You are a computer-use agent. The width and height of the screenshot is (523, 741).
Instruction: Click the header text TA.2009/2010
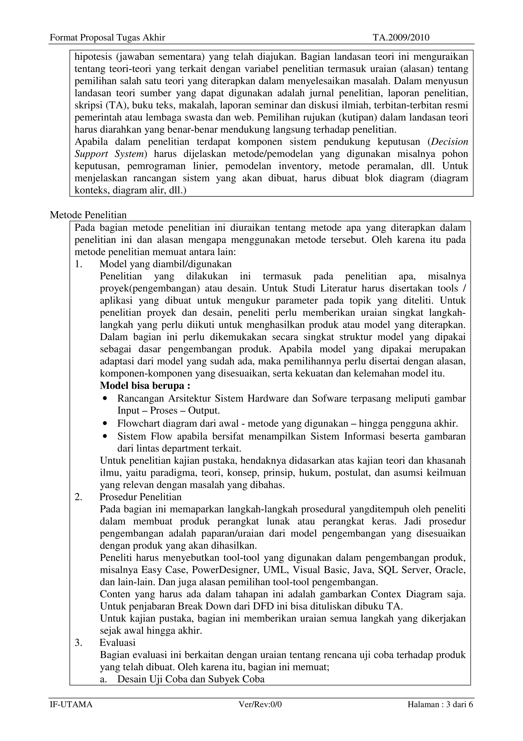click(x=401, y=38)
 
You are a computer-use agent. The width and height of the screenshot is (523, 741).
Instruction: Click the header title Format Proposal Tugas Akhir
click(x=107, y=38)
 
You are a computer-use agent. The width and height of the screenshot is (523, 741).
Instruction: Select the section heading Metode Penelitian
click(x=88, y=215)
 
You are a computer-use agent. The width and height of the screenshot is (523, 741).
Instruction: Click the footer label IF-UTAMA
click(x=71, y=704)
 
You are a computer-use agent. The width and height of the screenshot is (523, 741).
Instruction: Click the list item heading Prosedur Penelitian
click(x=140, y=497)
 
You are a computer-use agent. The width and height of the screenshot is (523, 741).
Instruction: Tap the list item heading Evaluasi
click(x=118, y=643)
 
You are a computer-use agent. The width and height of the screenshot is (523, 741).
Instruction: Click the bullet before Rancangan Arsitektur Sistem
click(x=104, y=399)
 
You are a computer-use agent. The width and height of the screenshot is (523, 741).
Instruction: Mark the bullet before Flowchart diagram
click(x=104, y=423)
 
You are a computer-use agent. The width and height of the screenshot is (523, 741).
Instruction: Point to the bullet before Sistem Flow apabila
click(x=104, y=436)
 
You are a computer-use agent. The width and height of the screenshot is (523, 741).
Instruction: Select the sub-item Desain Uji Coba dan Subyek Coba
click(x=191, y=679)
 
